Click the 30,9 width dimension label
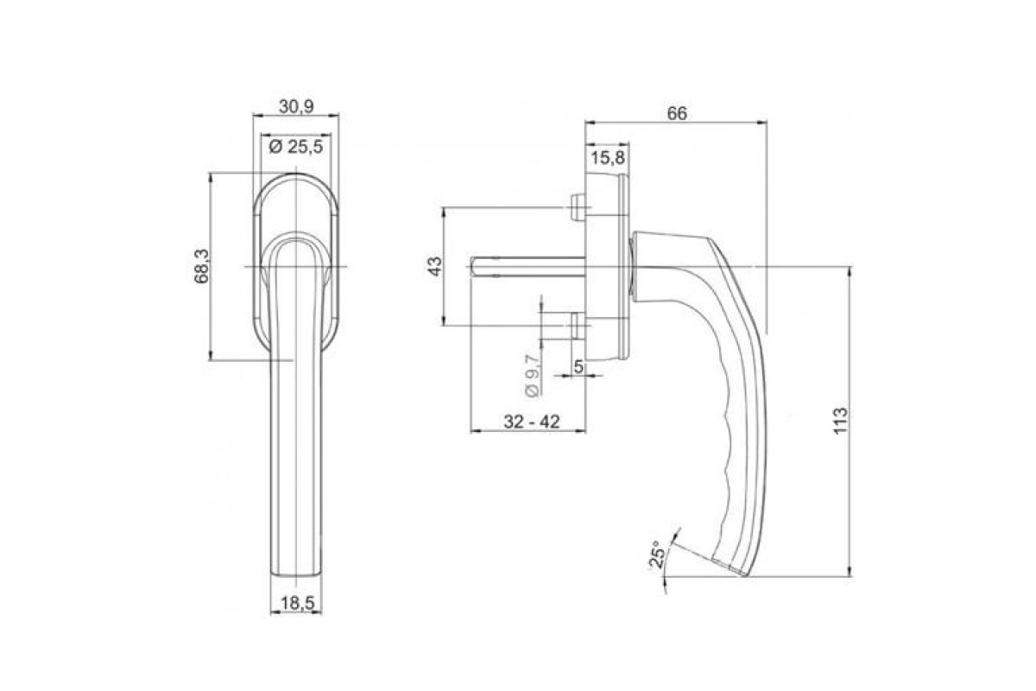pos(296,107)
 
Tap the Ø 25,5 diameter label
pos(295,147)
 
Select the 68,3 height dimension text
pos(202,266)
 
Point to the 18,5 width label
pos(297,603)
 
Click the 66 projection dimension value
pos(677,113)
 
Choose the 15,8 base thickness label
pos(608,158)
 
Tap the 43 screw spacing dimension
pos(435,266)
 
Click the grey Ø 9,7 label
pos(532,376)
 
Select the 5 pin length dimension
pos(578,366)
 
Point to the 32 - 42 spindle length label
pos(532,422)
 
